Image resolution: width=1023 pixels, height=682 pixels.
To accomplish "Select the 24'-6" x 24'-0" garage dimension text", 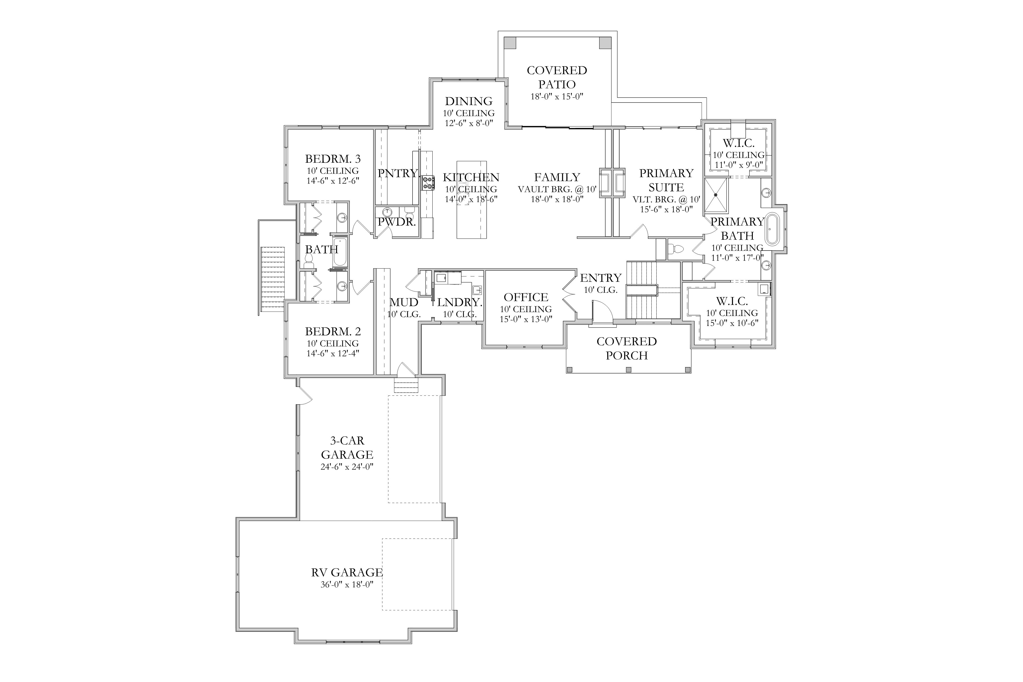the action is coord(347,467).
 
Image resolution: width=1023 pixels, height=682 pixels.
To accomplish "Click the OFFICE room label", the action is coord(526,297).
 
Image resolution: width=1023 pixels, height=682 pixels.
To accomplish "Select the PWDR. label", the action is coord(397,222).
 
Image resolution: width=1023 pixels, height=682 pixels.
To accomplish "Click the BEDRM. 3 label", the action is coord(333,159).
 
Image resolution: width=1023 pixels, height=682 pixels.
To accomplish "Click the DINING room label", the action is coord(469,101).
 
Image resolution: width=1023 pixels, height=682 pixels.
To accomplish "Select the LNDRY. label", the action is coord(460,302).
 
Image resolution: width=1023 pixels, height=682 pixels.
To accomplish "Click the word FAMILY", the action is coord(557,177).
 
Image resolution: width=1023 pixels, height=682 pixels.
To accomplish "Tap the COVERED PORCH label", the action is coord(627,348).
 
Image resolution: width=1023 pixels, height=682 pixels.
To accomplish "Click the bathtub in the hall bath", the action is coord(340,252).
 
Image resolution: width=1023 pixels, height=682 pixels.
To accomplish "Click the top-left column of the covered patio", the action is coord(510,43).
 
